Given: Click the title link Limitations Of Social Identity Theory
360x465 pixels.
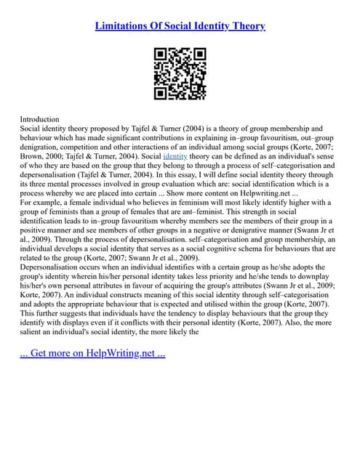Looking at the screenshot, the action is point(180,26).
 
